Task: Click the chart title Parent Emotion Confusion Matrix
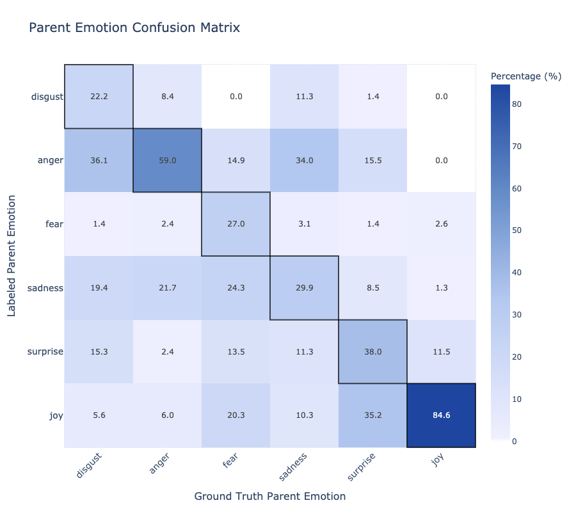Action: tap(134, 28)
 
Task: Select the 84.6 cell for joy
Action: tap(441, 415)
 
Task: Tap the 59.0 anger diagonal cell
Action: tap(168, 160)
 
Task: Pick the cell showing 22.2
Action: tap(99, 97)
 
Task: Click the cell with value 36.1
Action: tap(99, 160)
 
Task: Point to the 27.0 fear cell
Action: tap(236, 224)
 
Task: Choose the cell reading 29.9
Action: tap(305, 288)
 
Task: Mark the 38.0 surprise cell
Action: tap(373, 352)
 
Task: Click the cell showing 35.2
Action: tap(373, 415)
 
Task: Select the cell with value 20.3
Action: tap(236, 415)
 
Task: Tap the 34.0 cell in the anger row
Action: tap(305, 160)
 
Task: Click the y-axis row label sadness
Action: tap(45, 288)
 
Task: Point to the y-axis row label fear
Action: tap(54, 224)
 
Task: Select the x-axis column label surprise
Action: tap(362, 467)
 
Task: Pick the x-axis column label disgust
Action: tap(88, 466)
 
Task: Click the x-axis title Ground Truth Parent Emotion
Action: tap(270, 496)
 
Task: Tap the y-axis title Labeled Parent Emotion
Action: tap(12, 255)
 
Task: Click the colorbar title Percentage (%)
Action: tap(526, 76)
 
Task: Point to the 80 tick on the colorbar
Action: tap(517, 104)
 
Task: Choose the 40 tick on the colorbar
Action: tap(517, 273)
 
